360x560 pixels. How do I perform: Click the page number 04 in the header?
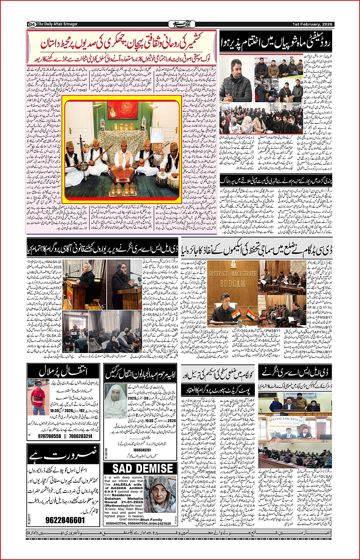32,24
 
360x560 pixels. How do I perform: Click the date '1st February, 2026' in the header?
312,24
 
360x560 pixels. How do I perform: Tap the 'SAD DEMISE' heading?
143,469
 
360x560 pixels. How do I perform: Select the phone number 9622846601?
65,520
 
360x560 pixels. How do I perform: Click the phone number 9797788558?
50,436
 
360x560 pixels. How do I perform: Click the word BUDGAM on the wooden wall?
232,284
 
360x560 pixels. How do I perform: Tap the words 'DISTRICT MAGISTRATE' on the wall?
233,274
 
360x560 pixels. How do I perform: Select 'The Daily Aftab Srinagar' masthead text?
57,24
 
